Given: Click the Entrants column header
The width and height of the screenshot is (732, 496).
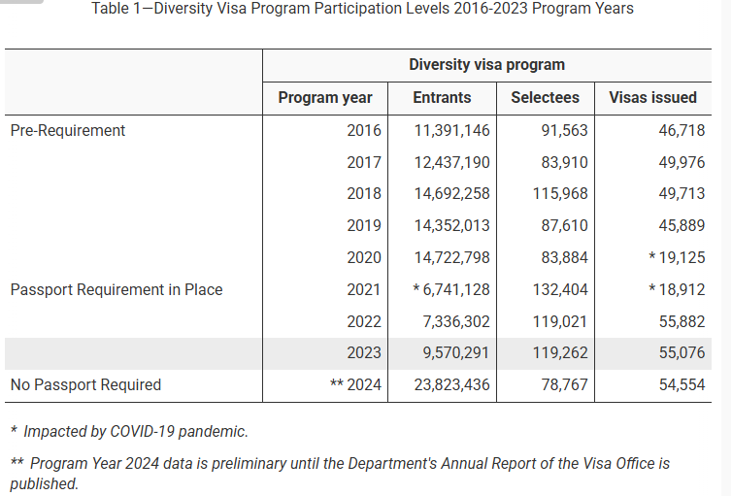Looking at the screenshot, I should (x=442, y=97).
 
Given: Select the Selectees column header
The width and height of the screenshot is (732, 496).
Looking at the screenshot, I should (x=545, y=97).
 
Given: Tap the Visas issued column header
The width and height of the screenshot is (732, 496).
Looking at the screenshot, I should (x=652, y=97).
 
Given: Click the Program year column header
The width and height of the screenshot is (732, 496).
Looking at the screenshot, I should (x=325, y=97).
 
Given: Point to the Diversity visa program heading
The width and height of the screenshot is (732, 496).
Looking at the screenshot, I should (x=486, y=65).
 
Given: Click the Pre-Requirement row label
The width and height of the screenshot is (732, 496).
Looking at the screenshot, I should (x=68, y=130).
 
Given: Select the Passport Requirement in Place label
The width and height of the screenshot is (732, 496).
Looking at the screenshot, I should (x=116, y=289).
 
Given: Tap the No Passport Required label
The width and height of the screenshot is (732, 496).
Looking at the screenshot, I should (x=85, y=385).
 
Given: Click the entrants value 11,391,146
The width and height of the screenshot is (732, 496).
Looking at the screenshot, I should (x=452, y=130).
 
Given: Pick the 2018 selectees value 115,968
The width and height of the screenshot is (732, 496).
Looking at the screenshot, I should (x=560, y=194).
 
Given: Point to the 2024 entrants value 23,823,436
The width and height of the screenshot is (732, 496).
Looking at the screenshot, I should (x=452, y=385).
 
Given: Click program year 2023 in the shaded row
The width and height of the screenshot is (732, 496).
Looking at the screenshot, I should (x=364, y=353).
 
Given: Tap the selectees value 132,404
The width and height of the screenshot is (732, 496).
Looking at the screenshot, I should (x=560, y=289).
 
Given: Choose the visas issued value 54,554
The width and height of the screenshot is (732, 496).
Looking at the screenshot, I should (x=682, y=385).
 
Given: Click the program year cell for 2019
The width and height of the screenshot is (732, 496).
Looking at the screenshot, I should (x=364, y=226).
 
